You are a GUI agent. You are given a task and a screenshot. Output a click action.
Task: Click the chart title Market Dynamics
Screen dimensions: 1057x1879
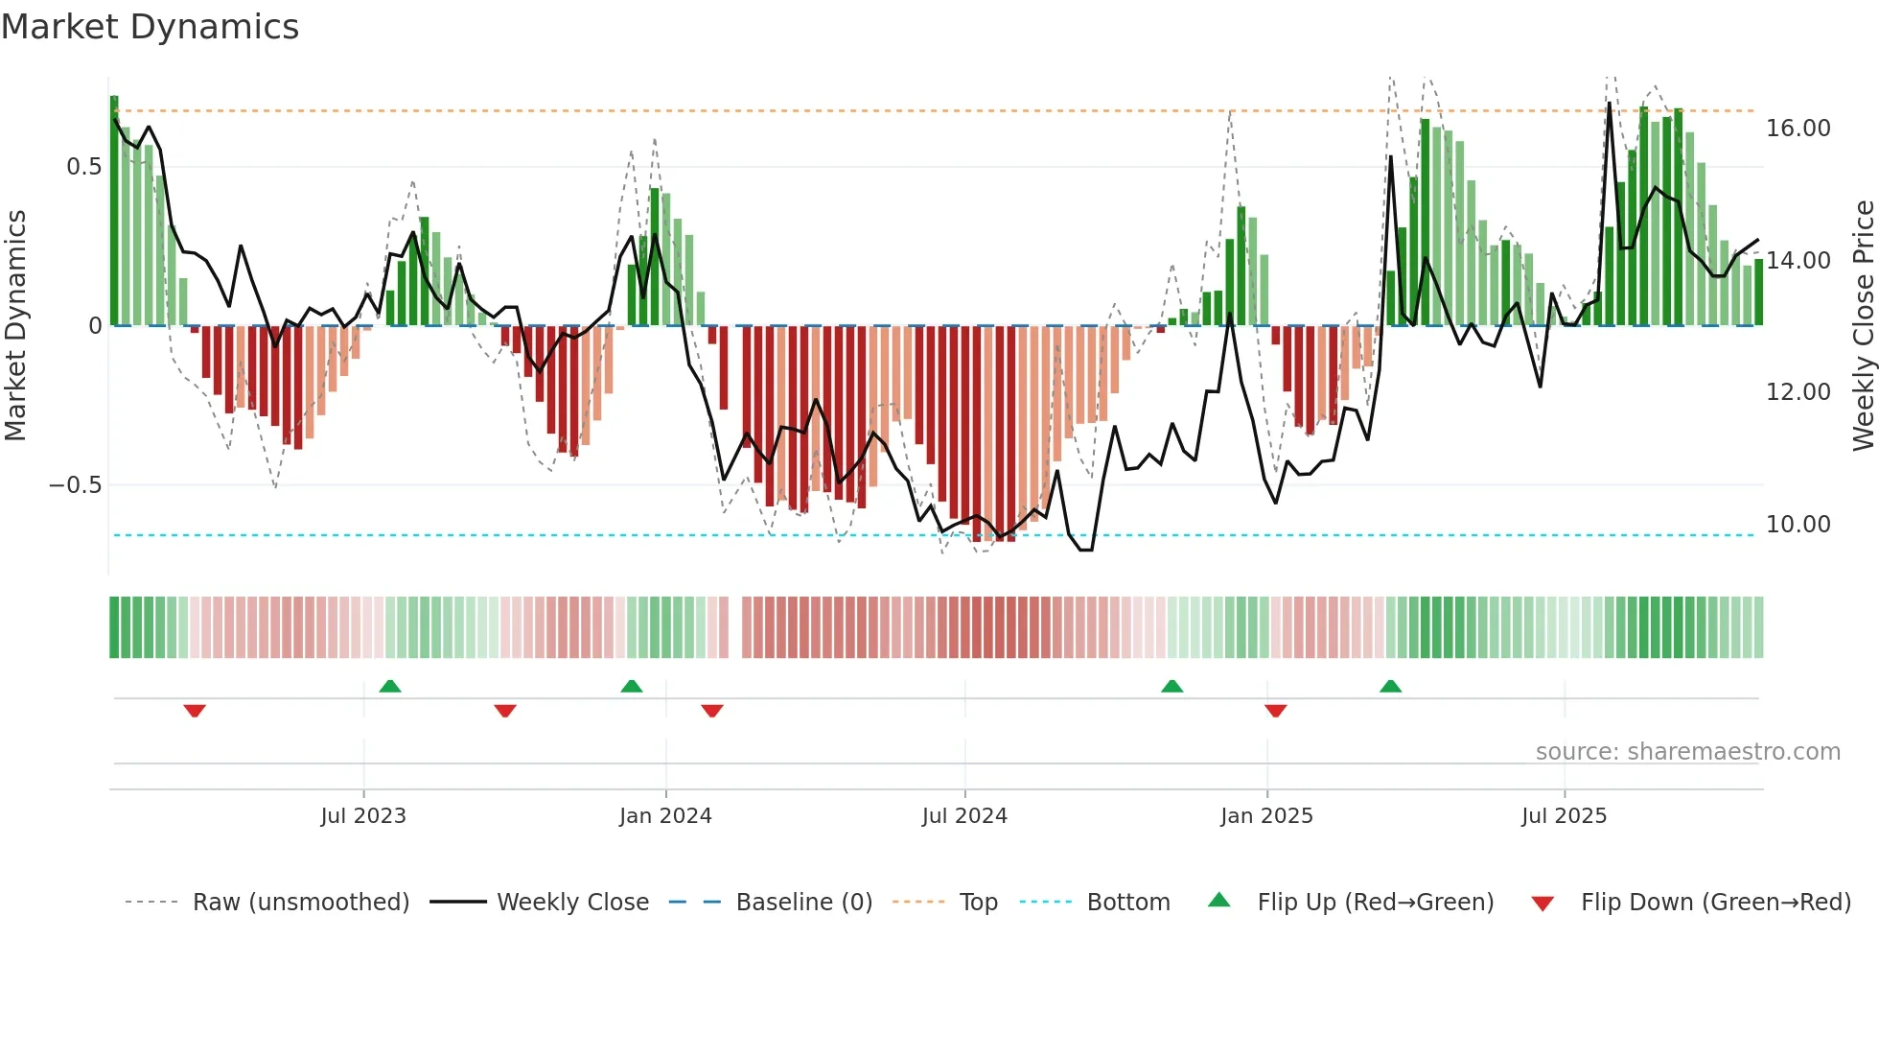pyautogui.click(x=150, y=27)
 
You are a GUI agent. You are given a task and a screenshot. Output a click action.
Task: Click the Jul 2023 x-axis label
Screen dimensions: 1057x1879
pyautogui.click(x=363, y=816)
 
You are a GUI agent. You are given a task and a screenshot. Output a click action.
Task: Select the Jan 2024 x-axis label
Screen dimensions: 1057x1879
pyautogui.click(x=665, y=816)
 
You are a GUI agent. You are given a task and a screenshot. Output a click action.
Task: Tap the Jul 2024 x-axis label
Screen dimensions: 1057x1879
pyautogui.click(x=964, y=816)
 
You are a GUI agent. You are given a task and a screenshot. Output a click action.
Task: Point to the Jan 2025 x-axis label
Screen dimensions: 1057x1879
pyautogui.click(x=1266, y=816)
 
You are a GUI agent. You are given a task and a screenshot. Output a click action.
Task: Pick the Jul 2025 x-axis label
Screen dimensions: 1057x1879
pyautogui.click(x=1564, y=816)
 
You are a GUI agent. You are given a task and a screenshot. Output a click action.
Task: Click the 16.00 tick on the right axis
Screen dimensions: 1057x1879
pyautogui.click(x=1798, y=129)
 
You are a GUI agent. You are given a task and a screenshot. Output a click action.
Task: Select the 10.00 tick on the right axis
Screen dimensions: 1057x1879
pyautogui.click(x=1798, y=525)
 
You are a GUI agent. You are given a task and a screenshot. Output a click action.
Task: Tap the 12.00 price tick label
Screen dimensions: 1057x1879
pyautogui.click(x=1798, y=392)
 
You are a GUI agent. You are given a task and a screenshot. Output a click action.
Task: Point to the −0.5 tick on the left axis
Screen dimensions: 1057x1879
pyautogui.click(x=76, y=485)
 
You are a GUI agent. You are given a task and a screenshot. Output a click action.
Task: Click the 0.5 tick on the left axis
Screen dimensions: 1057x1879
pyautogui.click(x=83, y=167)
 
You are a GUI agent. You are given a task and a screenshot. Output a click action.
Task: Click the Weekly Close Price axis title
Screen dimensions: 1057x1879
pyautogui.click(x=1863, y=326)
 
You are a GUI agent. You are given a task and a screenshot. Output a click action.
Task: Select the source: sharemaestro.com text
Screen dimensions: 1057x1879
pyautogui.click(x=1687, y=752)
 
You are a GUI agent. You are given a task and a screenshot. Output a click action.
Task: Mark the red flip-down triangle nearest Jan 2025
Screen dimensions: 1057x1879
pyautogui.click(x=1275, y=711)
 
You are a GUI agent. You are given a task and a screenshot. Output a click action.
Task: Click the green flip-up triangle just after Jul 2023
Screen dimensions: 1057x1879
pyautogui.click(x=390, y=686)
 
